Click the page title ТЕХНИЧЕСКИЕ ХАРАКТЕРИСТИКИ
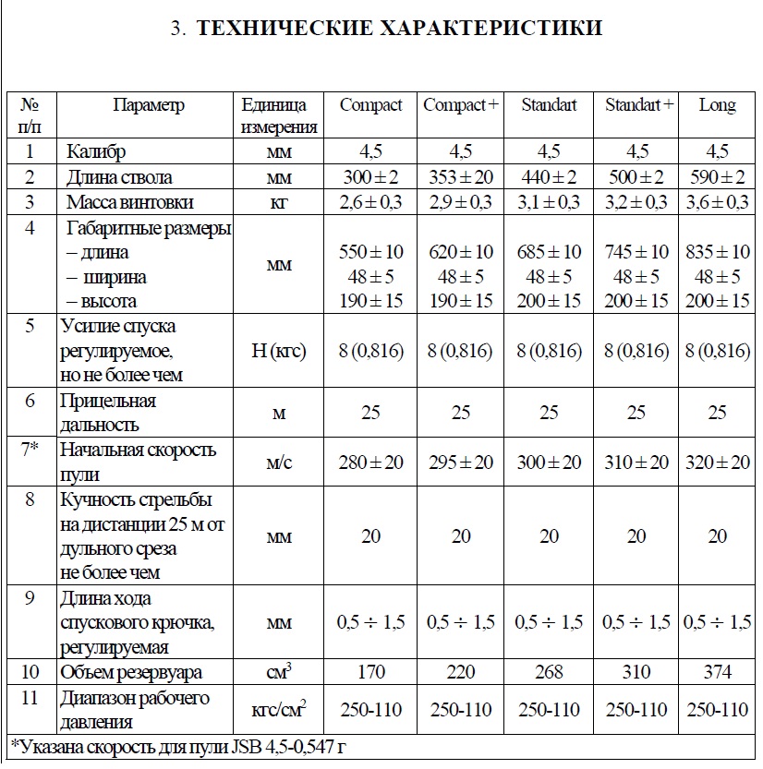386,29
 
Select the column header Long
717,105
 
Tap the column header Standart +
639,105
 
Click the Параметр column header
149,105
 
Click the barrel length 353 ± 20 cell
461,177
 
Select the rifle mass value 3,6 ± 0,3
718,202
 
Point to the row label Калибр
96,151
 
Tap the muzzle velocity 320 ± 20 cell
718,462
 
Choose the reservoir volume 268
549,672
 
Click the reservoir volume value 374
717,672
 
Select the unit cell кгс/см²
279,709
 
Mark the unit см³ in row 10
279,671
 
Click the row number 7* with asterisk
30,451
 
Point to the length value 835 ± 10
718,252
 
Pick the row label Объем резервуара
131,672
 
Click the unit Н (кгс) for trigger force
279,351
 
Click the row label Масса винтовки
130,202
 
